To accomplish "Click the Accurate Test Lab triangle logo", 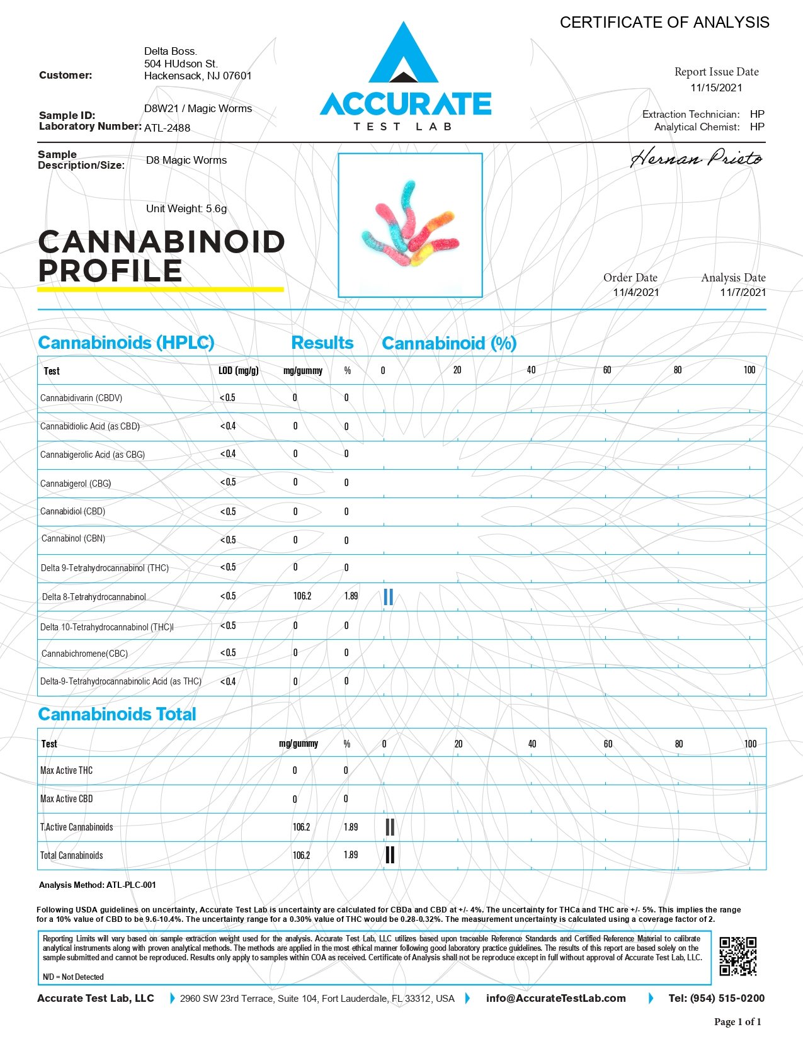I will coord(404,55).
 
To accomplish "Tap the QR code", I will coord(738,956).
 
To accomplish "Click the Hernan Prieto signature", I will coord(696,158).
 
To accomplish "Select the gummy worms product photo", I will coord(410,225).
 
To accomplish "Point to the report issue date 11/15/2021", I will coord(716,88).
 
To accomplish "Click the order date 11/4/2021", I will coord(636,292).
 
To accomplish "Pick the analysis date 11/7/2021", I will coord(743,292).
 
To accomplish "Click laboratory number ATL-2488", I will coord(167,128).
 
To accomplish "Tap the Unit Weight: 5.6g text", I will coord(186,209).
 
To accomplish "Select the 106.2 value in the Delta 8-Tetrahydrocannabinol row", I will coord(302,596).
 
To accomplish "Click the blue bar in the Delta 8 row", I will coord(388,597).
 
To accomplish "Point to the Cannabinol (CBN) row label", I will coord(73,539).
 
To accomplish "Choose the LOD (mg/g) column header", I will coord(238,371).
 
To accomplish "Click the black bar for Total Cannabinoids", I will coord(390,855).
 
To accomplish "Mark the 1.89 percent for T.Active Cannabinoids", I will coord(351,827).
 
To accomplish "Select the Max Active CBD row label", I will coord(67,799).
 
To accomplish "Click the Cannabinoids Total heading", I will coord(117,715).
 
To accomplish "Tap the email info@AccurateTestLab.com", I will coord(555,998).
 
